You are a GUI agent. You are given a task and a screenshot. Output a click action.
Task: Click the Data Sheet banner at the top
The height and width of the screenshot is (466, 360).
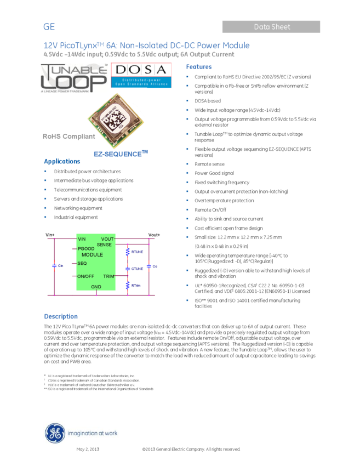click(271, 27)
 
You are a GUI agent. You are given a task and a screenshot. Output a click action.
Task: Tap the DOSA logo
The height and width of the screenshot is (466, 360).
click(141, 75)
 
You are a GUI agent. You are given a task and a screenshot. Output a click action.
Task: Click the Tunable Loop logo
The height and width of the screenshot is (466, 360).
click(75, 78)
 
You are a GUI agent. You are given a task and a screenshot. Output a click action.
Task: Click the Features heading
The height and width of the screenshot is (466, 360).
click(199, 67)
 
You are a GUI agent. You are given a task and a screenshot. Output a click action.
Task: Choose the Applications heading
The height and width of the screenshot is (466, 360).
click(62, 162)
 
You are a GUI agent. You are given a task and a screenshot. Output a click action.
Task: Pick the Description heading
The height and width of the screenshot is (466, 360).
click(61, 317)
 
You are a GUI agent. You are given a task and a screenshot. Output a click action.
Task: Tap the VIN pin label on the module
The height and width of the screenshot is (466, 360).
click(82, 239)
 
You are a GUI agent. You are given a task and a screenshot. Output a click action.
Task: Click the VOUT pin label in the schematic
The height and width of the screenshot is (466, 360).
click(107, 239)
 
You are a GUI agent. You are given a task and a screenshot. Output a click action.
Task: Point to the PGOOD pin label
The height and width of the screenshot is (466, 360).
click(87, 249)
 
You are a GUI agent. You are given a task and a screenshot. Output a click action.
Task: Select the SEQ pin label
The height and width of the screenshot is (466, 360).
click(82, 264)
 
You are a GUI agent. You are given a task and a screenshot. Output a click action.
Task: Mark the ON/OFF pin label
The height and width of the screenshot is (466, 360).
click(86, 276)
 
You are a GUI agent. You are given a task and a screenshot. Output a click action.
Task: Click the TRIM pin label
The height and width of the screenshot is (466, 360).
click(108, 276)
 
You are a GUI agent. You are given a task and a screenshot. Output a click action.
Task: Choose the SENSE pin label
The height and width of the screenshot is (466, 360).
click(104, 245)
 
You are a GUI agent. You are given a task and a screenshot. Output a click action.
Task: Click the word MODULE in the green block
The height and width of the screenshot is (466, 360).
click(92, 255)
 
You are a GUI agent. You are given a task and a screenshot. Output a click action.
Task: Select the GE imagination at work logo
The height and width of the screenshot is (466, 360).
click(81, 433)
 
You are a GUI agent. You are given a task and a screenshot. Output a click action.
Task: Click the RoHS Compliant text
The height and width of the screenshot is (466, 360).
click(68, 137)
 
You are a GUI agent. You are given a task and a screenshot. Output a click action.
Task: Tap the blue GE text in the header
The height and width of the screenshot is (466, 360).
click(49, 27)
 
